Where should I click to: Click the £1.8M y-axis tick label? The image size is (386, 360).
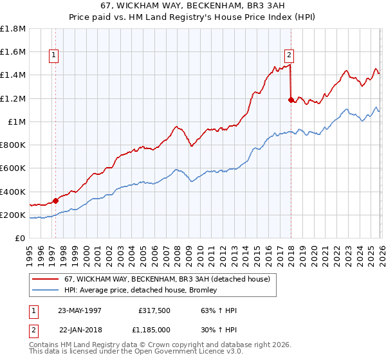(13, 29)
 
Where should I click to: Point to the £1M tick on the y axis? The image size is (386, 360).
(16, 122)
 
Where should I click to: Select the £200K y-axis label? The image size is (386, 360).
(13, 215)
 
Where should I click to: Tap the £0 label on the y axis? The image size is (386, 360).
(20, 239)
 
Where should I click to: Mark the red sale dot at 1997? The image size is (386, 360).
(56, 201)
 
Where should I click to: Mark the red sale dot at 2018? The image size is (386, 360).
(291, 100)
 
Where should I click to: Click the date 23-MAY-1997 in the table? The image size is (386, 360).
(80, 310)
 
